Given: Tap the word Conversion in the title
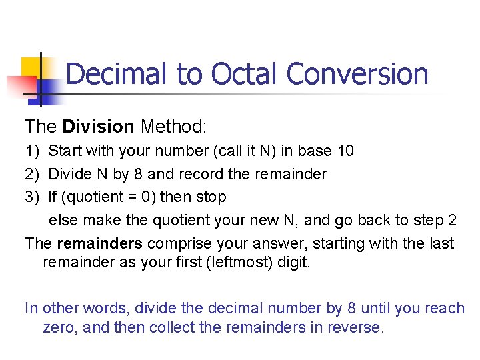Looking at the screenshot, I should pyautogui.click(x=357, y=74).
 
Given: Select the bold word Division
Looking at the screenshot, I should pyautogui.click(x=97, y=126).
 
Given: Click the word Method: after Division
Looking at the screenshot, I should pyautogui.click(x=174, y=126).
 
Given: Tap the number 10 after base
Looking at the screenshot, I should pyautogui.click(x=345, y=151).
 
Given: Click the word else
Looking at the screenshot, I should pyautogui.click(x=63, y=221).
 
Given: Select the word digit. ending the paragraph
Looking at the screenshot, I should pyautogui.click(x=294, y=262).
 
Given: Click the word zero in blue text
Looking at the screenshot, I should pyautogui.click(x=59, y=328).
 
